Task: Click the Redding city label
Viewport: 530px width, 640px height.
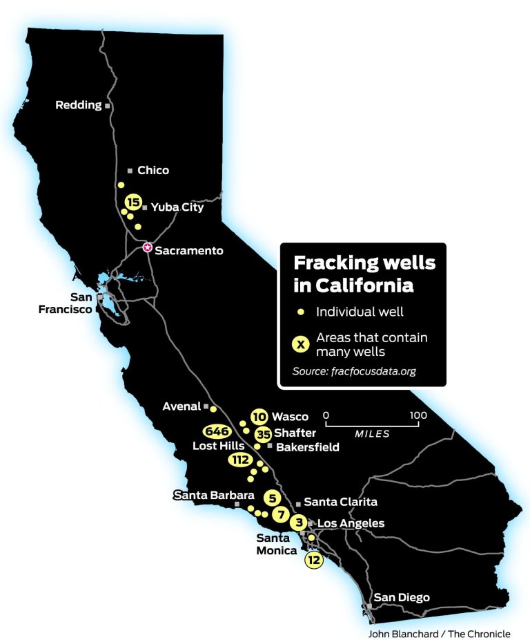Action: coord(78,106)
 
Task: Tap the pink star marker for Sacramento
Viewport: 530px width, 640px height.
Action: coord(147,247)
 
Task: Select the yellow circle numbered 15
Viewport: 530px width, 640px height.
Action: coord(133,202)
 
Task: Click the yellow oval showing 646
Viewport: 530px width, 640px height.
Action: coord(216,431)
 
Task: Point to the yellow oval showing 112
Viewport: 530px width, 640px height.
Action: coord(241,460)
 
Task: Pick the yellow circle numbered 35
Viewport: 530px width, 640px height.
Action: coord(263,434)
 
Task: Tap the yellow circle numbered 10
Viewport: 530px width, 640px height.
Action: coord(259,416)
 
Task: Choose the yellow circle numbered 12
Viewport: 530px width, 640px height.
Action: coord(314,560)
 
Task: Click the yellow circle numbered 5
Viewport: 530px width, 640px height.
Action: coord(272,497)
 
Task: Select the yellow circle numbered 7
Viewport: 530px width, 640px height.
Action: coord(280,514)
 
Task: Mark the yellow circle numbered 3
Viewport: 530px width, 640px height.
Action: coord(298,523)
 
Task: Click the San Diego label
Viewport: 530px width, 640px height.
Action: coord(402,597)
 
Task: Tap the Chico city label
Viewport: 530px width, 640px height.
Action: coord(153,170)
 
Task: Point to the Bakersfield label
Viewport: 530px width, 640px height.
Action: coord(308,447)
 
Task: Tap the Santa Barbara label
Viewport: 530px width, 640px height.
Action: coord(204,495)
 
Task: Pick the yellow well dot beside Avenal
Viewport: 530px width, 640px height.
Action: coord(213,408)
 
